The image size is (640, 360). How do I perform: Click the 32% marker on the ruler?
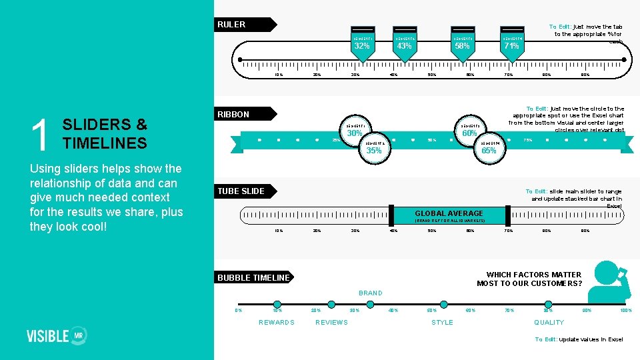pyautogui.click(x=362, y=45)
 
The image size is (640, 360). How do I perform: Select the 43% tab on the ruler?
pyautogui.click(x=403, y=45)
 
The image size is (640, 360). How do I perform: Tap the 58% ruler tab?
pyautogui.click(x=462, y=45)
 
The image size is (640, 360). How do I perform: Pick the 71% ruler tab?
pyautogui.click(x=511, y=45)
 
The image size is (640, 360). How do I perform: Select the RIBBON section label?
pyautogui.click(x=233, y=115)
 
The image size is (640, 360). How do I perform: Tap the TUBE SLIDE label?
pyautogui.click(x=241, y=191)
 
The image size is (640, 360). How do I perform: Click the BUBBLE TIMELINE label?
pyautogui.click(x=254, y=278)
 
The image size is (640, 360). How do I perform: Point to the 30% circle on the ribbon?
pyautogui.click(x=353, y=133)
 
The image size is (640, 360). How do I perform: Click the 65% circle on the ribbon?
pyautogui.click(x=489, y=150)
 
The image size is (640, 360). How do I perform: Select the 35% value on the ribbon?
pyautogui.click(x=374, y=150)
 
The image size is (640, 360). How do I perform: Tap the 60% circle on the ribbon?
pyautogui.click(x=470, y=133)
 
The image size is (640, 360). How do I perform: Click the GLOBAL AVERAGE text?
pyautogui.click(x=449, y=214)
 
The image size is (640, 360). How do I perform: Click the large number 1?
pyautogui.click(x=42, y=135)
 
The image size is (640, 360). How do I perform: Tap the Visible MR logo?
pyautogui.click(x=57, y=335)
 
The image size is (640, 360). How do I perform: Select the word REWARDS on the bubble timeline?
pyautogui.click(x=277, y=323)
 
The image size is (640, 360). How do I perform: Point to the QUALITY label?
pyautogui.click(x=549, y=323)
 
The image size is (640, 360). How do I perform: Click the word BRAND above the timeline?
pyautogui.click(x=371, y=293)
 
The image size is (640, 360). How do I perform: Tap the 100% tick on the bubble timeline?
pyautogui.click(x=625, y=310)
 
